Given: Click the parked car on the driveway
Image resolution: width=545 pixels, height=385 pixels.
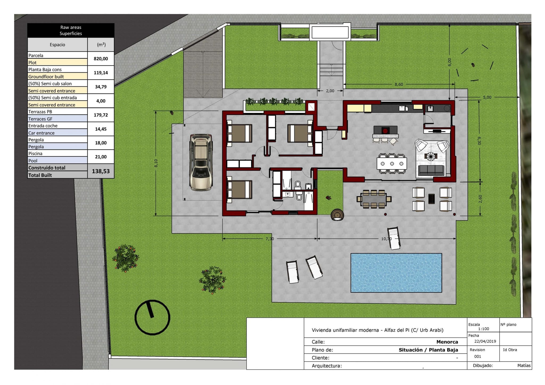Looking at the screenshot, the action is click(201, 162).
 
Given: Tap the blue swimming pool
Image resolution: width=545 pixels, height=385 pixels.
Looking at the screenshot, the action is click(396, 273).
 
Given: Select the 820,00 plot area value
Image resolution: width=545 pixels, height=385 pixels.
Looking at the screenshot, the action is click(101, 59).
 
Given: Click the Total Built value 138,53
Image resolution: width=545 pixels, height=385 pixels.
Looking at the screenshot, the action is click(101, 171).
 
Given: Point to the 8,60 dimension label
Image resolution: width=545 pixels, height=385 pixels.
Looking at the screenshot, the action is click(399, 84).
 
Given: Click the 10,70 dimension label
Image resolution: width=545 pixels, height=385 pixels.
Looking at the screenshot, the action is click(386, 239).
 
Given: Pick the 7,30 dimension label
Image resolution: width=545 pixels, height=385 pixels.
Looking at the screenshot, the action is click(270, 239).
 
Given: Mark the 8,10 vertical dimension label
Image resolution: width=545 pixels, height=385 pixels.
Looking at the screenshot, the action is click(156, 163).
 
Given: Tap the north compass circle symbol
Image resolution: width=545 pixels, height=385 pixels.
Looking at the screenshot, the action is click(152, 317).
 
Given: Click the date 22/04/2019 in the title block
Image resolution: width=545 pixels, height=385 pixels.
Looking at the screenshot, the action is click(485, 341).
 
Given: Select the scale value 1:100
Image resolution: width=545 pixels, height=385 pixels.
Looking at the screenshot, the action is click(484, 329).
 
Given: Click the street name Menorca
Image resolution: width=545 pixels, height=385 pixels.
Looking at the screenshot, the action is click(447, 342).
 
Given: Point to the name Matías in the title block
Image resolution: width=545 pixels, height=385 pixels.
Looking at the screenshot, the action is click(524, 366).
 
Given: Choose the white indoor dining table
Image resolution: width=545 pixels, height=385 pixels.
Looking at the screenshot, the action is click(392, 164).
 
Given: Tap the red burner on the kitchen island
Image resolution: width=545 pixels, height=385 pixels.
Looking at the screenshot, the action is click(385, 131).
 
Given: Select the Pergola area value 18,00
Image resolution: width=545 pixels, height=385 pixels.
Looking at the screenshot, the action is click(101, 143).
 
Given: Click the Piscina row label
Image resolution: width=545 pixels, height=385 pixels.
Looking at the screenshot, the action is click(35, 154).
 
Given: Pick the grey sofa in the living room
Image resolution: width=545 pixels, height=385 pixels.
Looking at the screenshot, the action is click(431, 170).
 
